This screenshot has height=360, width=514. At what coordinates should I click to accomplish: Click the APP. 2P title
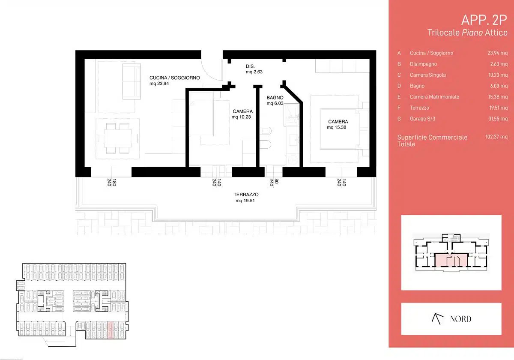point(484,20)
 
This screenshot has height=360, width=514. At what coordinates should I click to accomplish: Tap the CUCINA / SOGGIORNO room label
point(175,78)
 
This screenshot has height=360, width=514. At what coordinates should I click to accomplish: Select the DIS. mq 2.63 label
point(254,69)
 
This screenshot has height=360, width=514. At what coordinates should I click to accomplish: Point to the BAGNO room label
point(275,98)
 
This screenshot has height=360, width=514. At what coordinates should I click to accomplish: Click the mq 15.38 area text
point(336,127)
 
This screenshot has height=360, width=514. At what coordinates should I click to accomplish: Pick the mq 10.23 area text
point(241,117)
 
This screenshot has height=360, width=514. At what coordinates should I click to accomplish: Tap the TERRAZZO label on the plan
point(246,195)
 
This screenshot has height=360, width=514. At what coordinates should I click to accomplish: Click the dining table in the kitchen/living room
point(118,138)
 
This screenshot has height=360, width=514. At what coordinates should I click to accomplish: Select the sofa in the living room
point(132,81)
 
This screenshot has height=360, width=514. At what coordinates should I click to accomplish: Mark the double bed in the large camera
point(339,129)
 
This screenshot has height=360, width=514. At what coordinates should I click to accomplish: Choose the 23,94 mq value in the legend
point(497,53)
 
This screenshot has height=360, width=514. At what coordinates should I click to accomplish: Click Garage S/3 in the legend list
point(422,119)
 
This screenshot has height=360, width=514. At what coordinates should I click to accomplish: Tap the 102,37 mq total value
point(496,137)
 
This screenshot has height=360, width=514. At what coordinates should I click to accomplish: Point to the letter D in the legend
point(399,86)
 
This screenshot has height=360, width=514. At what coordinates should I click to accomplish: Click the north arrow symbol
point(437,319)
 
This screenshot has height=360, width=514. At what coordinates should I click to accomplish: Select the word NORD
point(461,319)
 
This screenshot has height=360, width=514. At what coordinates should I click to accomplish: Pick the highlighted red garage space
point(110,330)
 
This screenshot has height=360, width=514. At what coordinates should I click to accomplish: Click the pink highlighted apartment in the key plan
point(451,260)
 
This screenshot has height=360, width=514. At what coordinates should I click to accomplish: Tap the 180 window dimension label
point(114,182)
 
